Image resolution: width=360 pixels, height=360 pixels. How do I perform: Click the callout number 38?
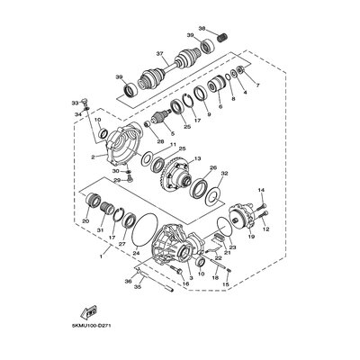point(202,29)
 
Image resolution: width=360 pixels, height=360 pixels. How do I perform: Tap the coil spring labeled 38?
point(218,38)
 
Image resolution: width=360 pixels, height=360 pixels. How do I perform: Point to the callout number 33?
point(75,104)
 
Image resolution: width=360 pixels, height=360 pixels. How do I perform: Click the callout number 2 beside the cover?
point(93,157)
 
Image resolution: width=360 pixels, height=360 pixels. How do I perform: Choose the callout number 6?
point(220,106)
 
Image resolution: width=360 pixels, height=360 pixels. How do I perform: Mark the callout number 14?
point(263,191)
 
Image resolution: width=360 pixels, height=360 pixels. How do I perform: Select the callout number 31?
point(101,229)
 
